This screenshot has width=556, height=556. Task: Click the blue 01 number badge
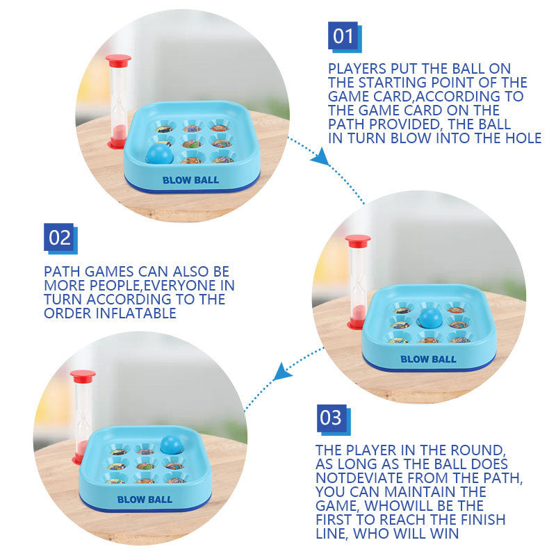[345, 37]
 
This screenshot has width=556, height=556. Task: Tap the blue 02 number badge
[60, 238]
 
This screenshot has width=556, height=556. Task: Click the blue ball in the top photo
[160, 154]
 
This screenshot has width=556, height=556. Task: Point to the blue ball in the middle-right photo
[430, 318]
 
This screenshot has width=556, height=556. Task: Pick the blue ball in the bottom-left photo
[171, 444]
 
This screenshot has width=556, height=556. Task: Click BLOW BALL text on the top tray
[190, 180]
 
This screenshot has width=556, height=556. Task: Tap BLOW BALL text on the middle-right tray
[428, 359]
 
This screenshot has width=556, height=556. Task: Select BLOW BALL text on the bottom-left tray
[145, 500]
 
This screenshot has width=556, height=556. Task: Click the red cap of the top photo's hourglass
[118, 60]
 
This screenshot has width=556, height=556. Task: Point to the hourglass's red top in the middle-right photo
[358, 240]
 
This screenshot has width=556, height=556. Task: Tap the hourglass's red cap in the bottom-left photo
[83, 376]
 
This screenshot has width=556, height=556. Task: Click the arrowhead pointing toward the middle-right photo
[321, 157]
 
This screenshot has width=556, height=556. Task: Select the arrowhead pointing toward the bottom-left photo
[282, 372]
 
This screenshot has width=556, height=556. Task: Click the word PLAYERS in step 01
[357, 69]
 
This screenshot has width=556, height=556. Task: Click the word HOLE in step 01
[523, 138]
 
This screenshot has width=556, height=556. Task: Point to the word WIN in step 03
[445, 534]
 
